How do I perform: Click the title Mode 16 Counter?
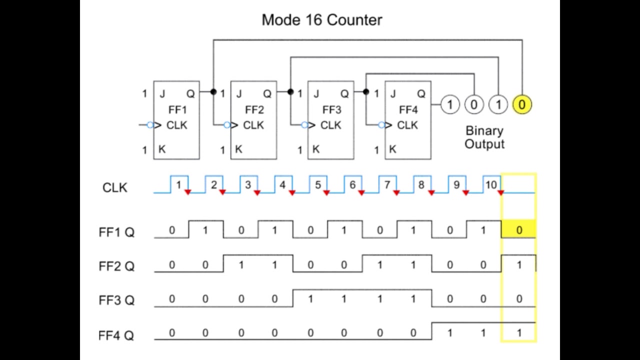click(321, 20)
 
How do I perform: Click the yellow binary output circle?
click(522, 104)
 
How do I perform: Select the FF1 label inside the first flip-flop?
click(176, 109)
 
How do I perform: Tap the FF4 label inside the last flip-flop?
click(408, 109)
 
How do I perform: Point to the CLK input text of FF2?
click(253, 125)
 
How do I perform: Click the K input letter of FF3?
click(315, 149)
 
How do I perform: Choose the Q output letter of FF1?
click(190, 93)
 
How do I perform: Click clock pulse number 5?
click(318, 185)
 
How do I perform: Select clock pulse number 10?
click(491, 185)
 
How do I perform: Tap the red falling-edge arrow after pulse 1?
click(187, 192)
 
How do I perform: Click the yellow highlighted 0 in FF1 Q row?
click(519, 230)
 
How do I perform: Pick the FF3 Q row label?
click(116, 300)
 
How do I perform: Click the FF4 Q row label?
click(116, 335)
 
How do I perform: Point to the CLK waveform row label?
click(115, 187)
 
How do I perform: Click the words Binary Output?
click(484, 137)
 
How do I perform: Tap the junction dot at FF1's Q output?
click(213, 91)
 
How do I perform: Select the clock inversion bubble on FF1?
click(149, 125)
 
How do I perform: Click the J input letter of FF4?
click(393, 93)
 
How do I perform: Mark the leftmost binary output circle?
click(449, 104)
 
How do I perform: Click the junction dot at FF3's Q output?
click(366, 91)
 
